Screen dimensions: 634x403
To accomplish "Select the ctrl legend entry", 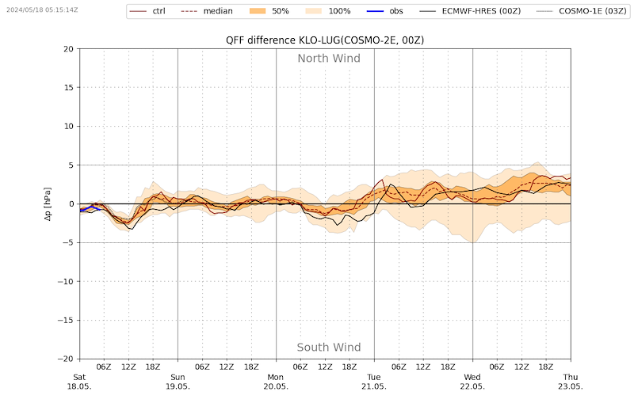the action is point(147,11).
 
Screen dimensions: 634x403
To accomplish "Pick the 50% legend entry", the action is point(269,11).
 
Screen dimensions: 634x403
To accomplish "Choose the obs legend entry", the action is point(385,11).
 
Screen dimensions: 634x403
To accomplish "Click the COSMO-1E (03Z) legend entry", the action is point(582,11).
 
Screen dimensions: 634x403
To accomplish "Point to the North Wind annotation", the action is point(329,59).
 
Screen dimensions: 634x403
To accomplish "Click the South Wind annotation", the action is point(329,348).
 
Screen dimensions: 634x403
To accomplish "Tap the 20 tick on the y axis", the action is point(69,49).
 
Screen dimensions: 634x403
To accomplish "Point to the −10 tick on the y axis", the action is point(66,281).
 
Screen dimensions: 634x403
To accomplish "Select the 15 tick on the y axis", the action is point(69,88).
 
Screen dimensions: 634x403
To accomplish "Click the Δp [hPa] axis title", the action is point(48,204).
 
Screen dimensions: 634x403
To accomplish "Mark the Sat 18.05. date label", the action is point(79,382).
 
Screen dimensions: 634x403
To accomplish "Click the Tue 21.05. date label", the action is point(374,382).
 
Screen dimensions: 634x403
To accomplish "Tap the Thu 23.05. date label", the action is point(571,382).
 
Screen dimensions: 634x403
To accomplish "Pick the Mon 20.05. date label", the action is point(276,382).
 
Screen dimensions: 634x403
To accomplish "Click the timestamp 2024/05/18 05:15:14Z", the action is point(42,10).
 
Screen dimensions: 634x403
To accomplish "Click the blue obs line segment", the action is point(90,208).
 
